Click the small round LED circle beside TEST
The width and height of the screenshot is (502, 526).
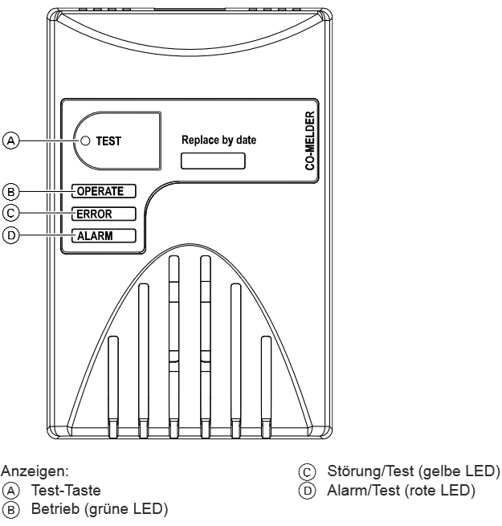click(84, 141)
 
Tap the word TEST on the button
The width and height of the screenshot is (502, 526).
click(108, 141)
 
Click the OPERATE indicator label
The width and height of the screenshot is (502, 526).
click(102, 191)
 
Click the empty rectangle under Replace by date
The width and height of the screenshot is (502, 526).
click(213, 160)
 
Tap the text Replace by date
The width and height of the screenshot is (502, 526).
click(219, 139)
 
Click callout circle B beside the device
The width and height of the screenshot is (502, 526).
click(10, 191)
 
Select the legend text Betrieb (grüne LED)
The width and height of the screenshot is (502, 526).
click(99, 507)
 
